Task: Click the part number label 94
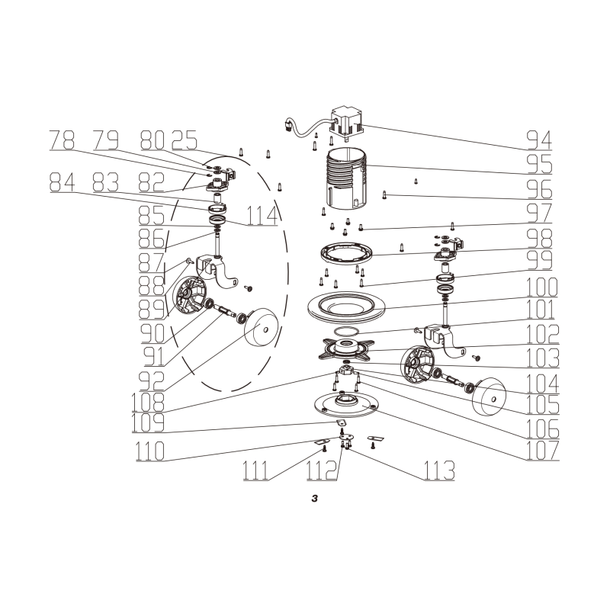[x=539, y=140]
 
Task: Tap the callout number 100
[x=542, y=287]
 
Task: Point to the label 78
[x=62, y=140]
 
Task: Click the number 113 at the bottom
[x=439, y=470]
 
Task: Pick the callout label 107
[x=543, y=450]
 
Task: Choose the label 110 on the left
[x=150, y=451]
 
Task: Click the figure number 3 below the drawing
[x=315, y=499]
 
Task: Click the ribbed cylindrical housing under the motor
[x=346, y=178]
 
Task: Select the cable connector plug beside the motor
[x=288, y=125]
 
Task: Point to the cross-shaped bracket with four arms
[x=346, y=348]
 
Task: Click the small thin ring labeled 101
[x=346, y=331]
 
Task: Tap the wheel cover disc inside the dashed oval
[x=261, y=327]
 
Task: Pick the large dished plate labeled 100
[x=346, y=307]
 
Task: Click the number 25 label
[x=185, y=140]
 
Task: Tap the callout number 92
[x=152, y=380]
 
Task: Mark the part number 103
[x=543, y=358]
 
